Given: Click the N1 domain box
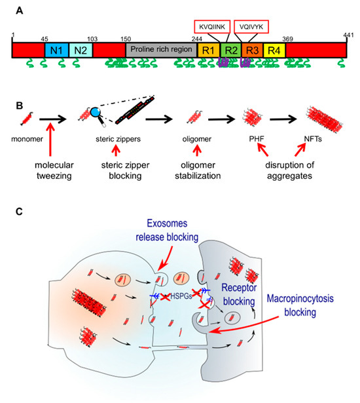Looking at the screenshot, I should (54, 50).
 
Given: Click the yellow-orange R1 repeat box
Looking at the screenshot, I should (209, 50).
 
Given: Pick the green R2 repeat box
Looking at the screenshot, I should (230, 50).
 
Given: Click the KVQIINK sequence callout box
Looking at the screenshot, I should (212, 27).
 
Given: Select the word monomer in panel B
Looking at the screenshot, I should (26, 140).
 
